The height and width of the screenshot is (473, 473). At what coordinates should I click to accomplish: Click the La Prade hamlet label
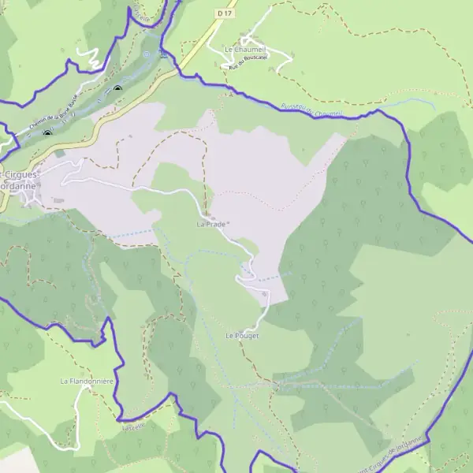tap(210, 224)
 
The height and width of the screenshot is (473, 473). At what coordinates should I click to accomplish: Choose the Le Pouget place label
tap(242, 335)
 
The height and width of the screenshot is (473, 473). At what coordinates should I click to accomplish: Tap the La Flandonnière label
tap(88, 381)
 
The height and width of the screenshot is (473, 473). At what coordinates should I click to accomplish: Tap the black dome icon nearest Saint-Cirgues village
tap(47, 133)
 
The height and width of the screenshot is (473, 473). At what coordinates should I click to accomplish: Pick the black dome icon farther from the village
tap(117, 89)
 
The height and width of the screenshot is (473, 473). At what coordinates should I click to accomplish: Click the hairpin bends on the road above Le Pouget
tap(246, 272)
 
